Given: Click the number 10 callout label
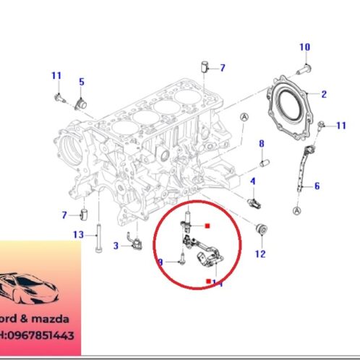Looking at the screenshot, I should coord(304,47).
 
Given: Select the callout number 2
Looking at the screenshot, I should coord(324,94).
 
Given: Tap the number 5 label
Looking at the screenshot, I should coord(82,82).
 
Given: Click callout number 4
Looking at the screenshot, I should coord(253,181).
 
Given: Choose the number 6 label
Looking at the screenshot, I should coord(316,186).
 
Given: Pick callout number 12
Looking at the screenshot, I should coord(260,254).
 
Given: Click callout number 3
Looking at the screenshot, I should coord(116,246).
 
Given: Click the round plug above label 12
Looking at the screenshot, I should coord(263,230).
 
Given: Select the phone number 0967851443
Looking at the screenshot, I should coord(46,335).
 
